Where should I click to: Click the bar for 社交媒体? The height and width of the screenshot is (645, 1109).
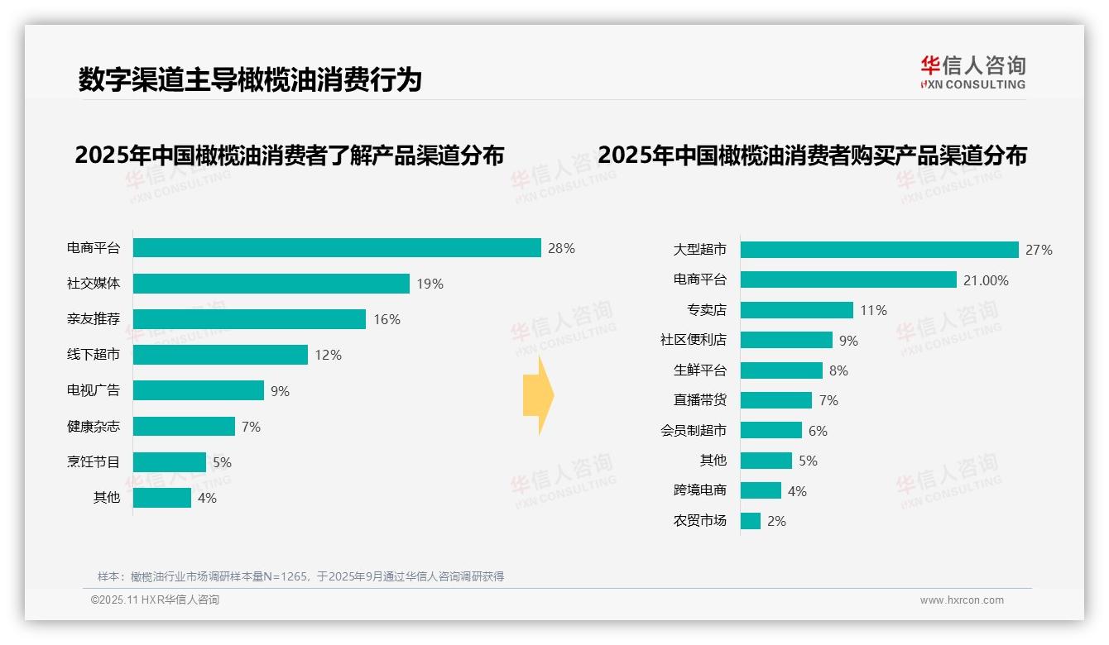tap(271, 284)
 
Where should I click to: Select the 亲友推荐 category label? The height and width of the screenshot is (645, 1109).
tap(94, 319)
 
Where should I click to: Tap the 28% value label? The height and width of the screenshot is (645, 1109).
tap(561, 248)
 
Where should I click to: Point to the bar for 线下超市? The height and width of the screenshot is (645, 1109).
tap(220, 355)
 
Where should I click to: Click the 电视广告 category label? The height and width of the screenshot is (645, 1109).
tap(94, 390)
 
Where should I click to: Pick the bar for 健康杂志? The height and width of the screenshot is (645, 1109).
tap(184, 427)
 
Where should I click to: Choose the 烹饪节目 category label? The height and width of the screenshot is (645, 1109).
tap(94, 462)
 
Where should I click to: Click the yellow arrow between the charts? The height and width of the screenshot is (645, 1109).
tap(538, 395)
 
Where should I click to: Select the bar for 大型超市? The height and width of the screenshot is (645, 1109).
tap(879, 250)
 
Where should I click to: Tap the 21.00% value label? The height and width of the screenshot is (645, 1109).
tap(986, 280)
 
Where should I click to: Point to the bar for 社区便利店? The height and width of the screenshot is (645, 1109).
tap(786, 340)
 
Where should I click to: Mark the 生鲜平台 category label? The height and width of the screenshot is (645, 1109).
tap(699, 370)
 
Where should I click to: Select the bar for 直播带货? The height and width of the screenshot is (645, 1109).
tap(776, 400)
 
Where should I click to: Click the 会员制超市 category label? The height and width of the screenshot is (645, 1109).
tap(693, 431)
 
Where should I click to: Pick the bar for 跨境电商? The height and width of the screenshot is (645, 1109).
tap(761, 491)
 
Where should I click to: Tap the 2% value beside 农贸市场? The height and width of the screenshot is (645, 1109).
tap(776, 521)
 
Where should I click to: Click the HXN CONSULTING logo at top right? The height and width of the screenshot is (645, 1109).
tap(972, 72)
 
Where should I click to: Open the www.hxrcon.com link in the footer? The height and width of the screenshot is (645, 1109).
tap(962, 600)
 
